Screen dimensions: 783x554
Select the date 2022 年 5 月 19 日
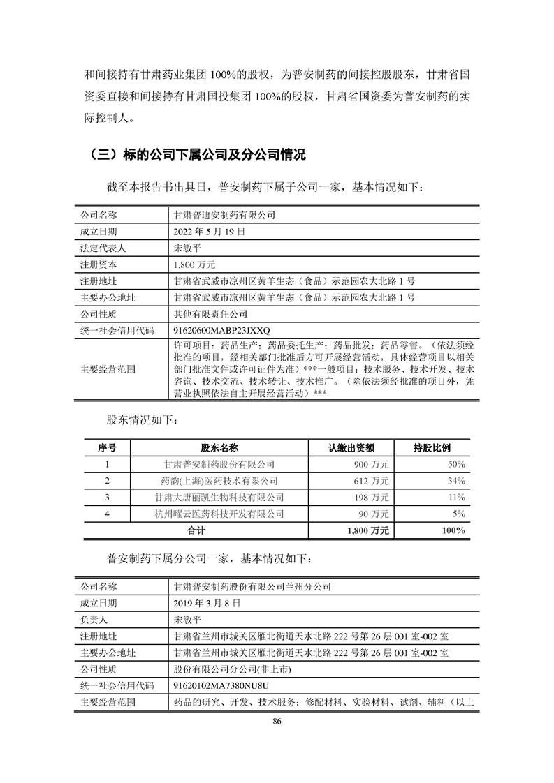pos(210,232)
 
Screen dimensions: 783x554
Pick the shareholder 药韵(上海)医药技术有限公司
pos(219,481)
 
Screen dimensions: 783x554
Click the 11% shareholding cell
pos(457,498)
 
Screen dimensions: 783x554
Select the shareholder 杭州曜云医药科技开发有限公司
pos(219,514)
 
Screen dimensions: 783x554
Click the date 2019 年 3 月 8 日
pos(207,602)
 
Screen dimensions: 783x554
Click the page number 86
pos(277,721)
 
